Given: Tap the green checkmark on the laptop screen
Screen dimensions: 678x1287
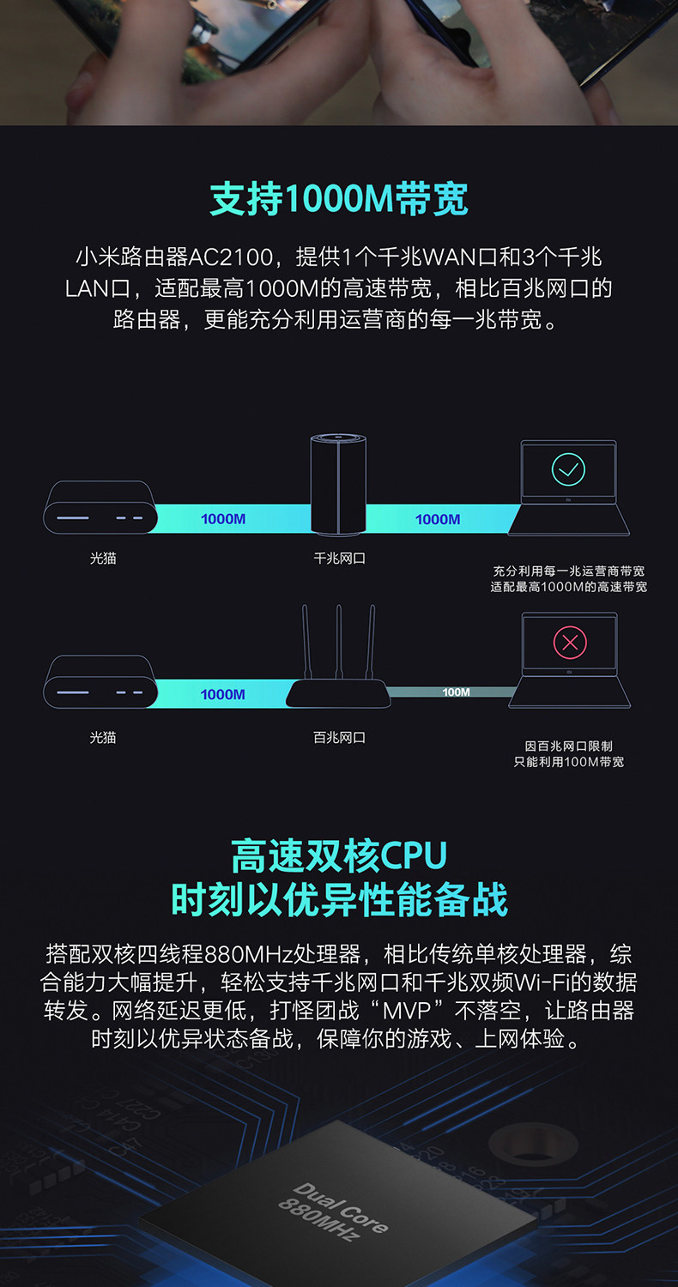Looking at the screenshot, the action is pos(568,468).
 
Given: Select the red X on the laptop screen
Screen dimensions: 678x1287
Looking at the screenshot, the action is pos(569,642).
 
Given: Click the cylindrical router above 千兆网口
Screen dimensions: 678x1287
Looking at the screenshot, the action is pos(339,484).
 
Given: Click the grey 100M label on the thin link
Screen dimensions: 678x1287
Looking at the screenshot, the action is pos(456,692).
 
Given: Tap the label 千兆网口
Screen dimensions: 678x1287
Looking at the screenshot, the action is pos(339,559).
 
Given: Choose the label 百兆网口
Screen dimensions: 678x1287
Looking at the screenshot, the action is pos(339,737).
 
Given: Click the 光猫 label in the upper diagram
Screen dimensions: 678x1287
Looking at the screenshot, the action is pos(103,559).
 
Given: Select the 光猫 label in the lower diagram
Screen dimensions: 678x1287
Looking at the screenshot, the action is pos(103,737).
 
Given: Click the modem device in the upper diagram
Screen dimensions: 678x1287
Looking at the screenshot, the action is pos(100,508).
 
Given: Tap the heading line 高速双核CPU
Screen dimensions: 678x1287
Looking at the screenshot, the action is pos(339,855).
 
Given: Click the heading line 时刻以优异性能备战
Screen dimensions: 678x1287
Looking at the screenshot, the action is pos(339,898).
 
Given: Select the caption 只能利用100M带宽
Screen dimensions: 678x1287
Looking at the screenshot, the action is pos(568,762).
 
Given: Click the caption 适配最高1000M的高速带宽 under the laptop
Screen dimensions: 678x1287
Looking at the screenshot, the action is pos(568,587).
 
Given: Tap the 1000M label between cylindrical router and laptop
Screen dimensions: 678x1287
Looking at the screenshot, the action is pos(438,519).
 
